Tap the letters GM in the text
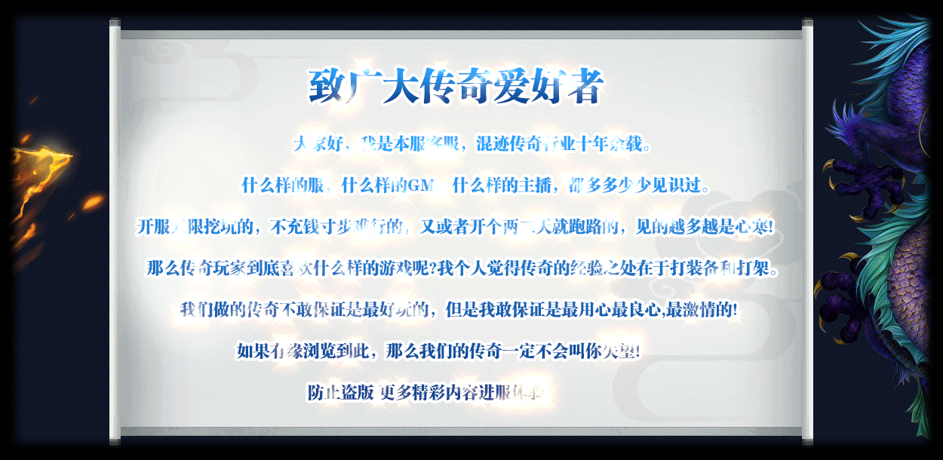419,185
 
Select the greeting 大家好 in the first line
315,144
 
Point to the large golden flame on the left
45,166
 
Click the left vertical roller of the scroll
115,230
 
